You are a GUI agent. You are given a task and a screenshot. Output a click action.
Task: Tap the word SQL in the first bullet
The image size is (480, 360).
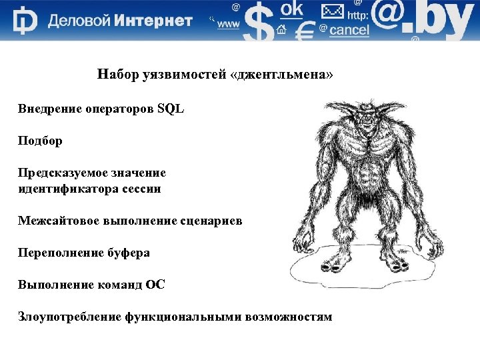tap(171, 109)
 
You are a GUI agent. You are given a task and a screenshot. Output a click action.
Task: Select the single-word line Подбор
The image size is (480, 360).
tap(40, 141)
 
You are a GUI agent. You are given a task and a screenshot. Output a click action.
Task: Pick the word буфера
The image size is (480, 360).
tap(129, 253)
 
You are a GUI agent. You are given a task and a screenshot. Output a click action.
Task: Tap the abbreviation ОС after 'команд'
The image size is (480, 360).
tap(155, 285)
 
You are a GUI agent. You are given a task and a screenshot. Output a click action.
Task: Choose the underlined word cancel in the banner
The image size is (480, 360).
tap(349, 31)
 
